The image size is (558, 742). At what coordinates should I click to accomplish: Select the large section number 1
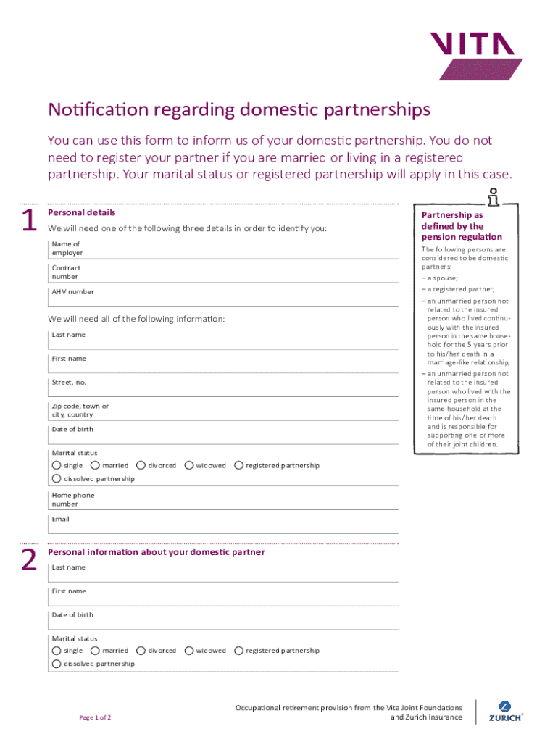click(x=29, y=221)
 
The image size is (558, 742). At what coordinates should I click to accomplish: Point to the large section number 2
click(x=28, y=560)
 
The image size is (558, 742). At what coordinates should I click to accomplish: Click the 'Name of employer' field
click(x=239, y=249)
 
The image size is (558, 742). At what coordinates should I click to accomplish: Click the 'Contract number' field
click(x=239, y=272)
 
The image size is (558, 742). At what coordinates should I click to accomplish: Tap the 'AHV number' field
click(x=239, y=296)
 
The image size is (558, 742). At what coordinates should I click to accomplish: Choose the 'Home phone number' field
click(x=239, y=500)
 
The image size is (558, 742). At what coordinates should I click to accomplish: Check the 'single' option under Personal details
click(x=56, y=465)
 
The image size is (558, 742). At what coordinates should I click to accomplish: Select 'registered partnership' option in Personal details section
click(x=238, y=465)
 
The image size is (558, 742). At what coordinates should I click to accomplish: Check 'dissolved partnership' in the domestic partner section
click(x=56, y=664)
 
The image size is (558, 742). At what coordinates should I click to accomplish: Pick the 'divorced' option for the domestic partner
click(x=141, y=651)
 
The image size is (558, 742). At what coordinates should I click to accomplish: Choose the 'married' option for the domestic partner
click(x=95, y=651)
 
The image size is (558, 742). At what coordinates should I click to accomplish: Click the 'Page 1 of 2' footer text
click(x=95, y=717)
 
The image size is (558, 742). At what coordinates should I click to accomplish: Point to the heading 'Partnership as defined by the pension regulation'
click(x=462, y=226)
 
